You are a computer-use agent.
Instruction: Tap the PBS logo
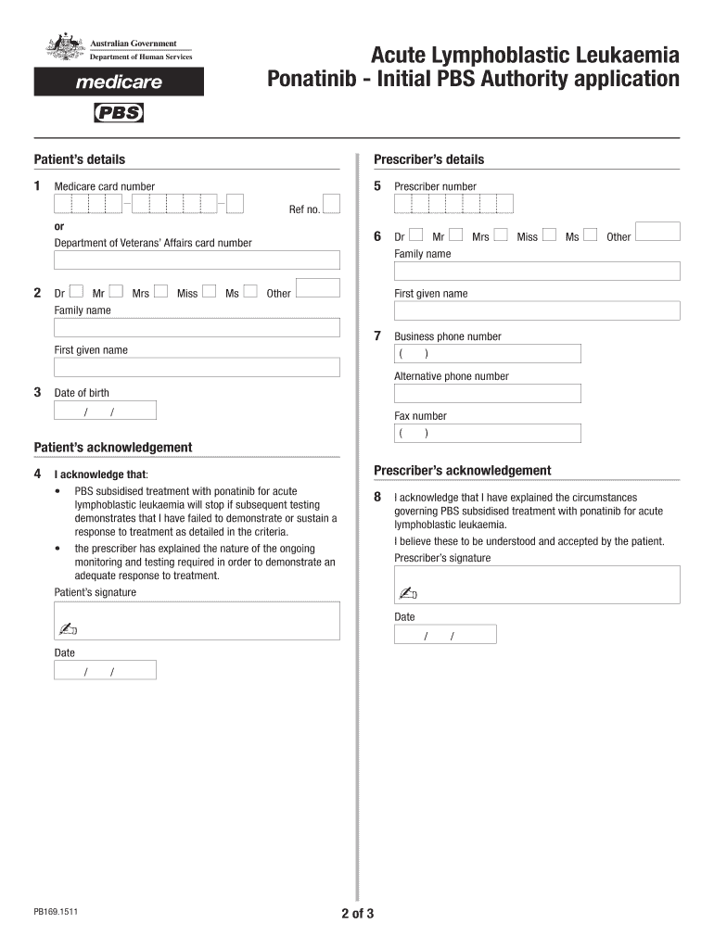[120, 113]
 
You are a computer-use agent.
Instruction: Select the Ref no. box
[331, 204]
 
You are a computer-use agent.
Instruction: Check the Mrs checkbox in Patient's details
[161, 292]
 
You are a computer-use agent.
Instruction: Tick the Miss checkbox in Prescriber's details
[549, 235]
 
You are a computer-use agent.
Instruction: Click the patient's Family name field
[197, 327]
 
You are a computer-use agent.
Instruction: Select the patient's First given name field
[197, 367]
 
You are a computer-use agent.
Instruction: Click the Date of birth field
[105, 411]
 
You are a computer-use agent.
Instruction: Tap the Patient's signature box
[197, 620]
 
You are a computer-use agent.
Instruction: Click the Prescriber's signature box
[537, 584]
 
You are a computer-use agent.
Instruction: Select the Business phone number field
[488, 353]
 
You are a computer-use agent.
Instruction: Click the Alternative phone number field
[488, 393]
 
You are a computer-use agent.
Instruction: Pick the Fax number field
[488, 433]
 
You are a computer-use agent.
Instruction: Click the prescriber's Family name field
[537, 271]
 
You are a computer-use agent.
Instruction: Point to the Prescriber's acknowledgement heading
[462, 470]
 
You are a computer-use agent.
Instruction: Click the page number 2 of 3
[357, 914]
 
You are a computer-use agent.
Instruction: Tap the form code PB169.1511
[56, 912]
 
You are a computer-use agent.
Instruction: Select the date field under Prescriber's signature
[445, 635]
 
